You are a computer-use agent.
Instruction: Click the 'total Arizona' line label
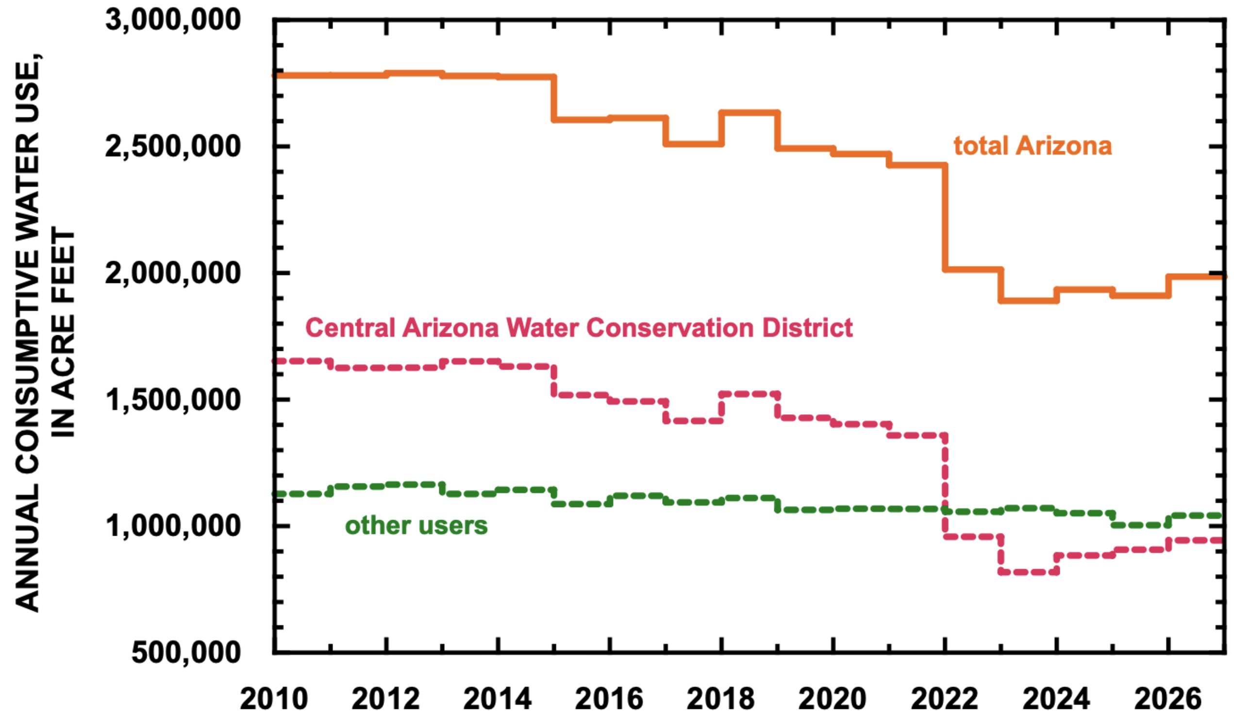1032,146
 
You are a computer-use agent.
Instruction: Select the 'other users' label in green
416,525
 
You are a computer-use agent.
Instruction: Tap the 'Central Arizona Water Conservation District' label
579,327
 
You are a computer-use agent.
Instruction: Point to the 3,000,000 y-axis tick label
173,20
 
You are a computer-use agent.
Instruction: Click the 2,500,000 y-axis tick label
173,147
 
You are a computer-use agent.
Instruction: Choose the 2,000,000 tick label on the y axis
173,273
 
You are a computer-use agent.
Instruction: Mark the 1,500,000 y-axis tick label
173,399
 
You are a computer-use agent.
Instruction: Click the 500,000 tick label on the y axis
186,652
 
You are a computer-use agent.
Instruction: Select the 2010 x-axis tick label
274,699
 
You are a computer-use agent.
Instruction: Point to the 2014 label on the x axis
498,699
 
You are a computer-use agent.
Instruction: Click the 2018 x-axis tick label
721,699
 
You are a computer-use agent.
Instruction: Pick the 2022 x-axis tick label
945,699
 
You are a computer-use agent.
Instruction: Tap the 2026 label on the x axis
1168,699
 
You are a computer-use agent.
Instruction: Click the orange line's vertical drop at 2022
945,217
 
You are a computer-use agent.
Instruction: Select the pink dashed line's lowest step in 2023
1029,572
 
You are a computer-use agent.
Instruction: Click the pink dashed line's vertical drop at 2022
945,486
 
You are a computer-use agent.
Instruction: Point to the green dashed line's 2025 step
1141,525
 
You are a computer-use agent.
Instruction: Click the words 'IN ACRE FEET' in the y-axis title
64,332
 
